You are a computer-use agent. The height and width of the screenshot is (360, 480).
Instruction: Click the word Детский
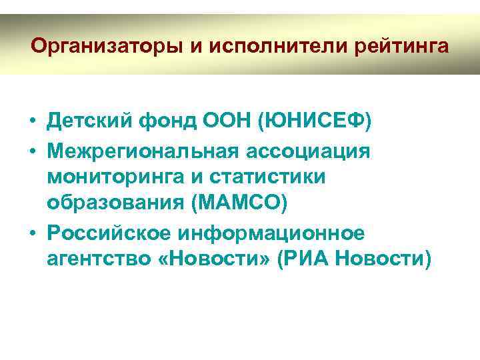pos(91,123)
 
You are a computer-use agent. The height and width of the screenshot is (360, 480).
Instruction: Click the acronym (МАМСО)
pos(239,204)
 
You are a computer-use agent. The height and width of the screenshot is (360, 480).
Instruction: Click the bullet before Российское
pos(32,233)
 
